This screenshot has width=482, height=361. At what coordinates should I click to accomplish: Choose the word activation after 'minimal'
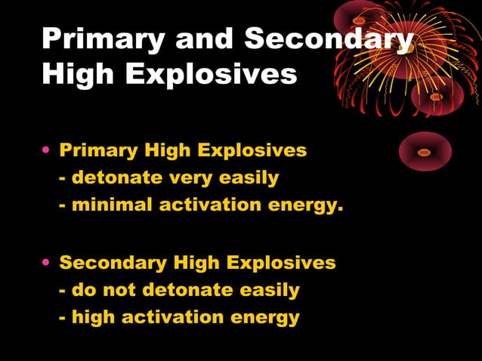click(x=205, y=205)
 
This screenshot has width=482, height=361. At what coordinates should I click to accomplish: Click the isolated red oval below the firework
click(x=425, y=152)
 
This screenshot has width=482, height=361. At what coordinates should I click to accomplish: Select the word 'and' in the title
click(x=202, y=39)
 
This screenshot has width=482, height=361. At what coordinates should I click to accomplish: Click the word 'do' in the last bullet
click(x=82, y=290)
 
